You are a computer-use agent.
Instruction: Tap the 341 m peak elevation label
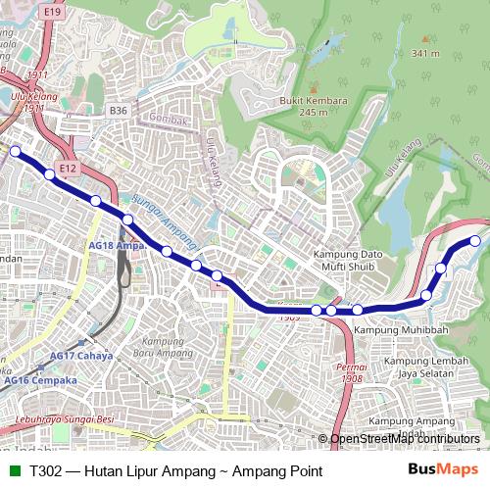tap(425, 53)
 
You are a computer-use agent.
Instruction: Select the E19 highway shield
tap(52, 11)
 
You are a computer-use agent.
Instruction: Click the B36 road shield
tap(119, 111)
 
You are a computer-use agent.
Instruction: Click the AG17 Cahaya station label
tap(81, 356)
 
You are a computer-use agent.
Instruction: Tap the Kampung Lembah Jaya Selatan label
tap(422, 367)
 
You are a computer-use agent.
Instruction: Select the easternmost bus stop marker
tap(475, 240)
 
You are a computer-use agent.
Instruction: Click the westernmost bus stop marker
tap(15, 151)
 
